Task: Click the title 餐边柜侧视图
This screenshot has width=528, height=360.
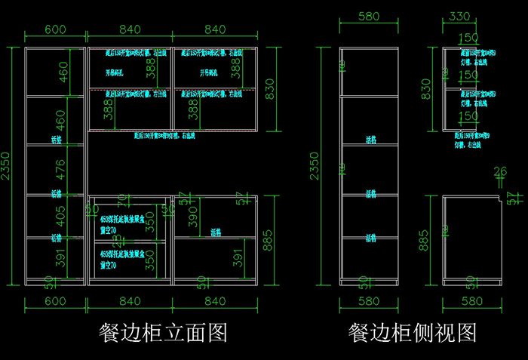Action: [412, 331]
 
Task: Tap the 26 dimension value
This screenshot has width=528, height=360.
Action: [500, 173]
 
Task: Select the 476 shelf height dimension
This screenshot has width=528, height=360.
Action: [61, 169]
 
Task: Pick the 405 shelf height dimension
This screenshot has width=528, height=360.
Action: [61, 217]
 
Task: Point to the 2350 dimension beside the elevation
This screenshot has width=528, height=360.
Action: [7, 166]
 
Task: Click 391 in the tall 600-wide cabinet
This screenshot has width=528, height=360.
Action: [61, 259]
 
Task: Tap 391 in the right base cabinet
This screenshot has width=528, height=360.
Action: [238, 259]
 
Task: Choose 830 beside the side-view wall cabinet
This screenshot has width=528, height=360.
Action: [427, 89]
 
